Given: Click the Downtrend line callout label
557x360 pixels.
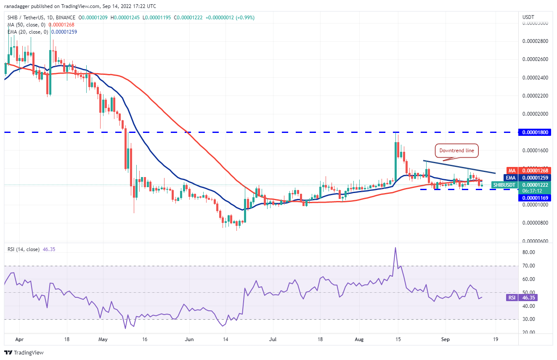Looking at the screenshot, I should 456,151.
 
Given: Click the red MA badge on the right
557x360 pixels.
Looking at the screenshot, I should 512,170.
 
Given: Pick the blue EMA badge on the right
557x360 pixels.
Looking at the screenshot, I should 512,177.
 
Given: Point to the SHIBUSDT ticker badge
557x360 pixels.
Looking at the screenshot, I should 504,185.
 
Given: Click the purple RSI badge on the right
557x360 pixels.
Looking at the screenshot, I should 512,297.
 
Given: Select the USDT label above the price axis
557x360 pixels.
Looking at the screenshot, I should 528,17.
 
